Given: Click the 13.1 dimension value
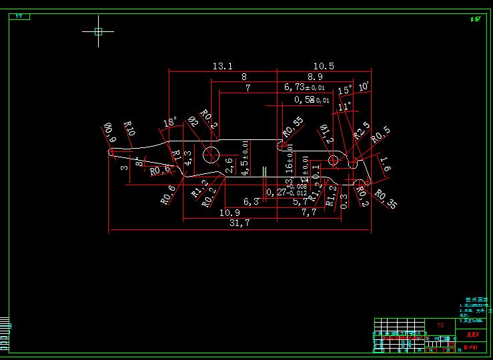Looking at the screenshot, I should point(222,66).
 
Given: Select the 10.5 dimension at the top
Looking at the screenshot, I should point(323,66).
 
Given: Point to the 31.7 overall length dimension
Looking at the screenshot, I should point(238,223).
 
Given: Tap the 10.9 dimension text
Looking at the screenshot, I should point(229,212).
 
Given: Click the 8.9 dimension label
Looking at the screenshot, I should point(315,77).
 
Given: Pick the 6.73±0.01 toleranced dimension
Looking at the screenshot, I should point(304,87).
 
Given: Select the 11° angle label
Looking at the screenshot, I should point(344,106).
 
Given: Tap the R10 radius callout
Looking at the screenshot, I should point(129,128).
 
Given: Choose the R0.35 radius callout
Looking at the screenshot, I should point(385,199).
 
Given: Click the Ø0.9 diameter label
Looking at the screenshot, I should point(109,132).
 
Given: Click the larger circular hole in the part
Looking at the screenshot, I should point(212,154).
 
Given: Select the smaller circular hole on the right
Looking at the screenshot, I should point(333,160).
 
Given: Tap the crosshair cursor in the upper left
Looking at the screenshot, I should point(98,31).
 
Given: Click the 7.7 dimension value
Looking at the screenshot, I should point(308,212).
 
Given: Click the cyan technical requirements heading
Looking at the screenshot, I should point(476,301).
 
